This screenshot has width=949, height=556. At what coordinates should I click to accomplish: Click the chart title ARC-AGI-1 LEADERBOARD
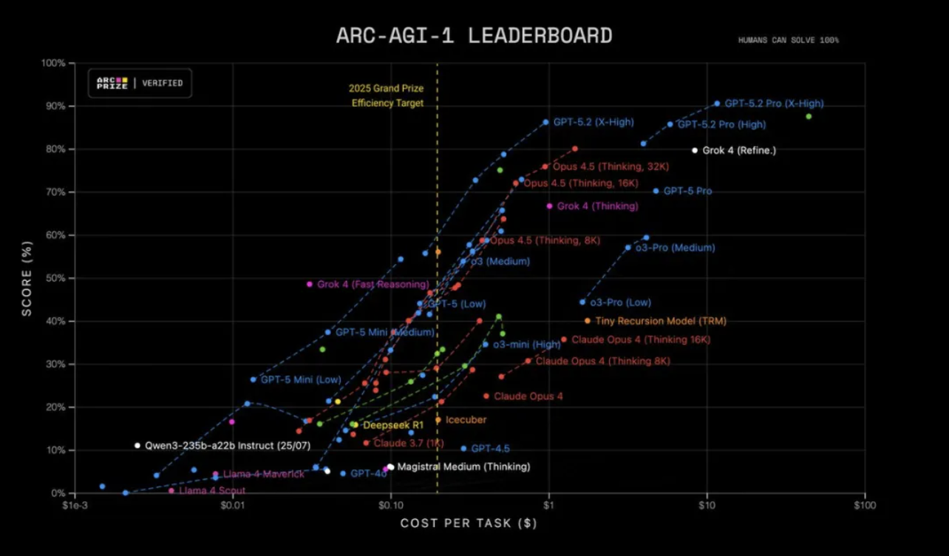click(x=474, y=35)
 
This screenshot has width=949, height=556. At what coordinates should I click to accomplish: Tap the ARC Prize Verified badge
click(x=140, y=83)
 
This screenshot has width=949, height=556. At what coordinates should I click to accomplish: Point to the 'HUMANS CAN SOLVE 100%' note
click(x=788, y=40)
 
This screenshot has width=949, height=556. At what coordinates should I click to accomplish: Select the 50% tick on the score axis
click(x=56, y=278)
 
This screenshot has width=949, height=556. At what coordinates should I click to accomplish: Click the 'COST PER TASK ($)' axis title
click(x=469, y=523)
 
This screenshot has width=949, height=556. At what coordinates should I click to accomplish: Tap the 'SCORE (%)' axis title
click(x=27, y=278)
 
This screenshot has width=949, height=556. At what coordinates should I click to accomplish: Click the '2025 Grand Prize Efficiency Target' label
click(x=387, y=96)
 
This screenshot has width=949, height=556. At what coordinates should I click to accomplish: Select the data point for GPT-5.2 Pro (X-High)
click(x=717, y=104)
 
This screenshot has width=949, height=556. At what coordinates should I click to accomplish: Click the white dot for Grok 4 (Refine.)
click(x=695, y=150)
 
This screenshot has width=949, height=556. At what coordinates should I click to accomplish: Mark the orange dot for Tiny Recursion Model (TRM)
click(x=588, y=321)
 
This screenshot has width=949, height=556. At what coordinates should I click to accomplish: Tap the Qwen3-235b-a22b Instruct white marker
click(x=137, y=446)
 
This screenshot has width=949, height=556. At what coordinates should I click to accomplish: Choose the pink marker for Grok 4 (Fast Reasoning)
click(x=310, y=284)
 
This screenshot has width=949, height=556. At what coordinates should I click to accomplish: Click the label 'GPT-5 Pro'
click(x=687, y=191)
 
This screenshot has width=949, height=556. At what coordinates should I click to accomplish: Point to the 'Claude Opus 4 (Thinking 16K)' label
click(x=640, y=340)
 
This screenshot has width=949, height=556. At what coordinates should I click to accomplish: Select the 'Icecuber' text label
click(x=466, y=420)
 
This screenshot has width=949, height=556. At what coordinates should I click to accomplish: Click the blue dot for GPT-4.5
click(x=463, y=449)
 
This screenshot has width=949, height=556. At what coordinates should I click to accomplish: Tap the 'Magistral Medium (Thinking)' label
click(x=463, y=467)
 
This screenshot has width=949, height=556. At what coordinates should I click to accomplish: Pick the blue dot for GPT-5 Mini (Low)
click(x=254, y=379)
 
